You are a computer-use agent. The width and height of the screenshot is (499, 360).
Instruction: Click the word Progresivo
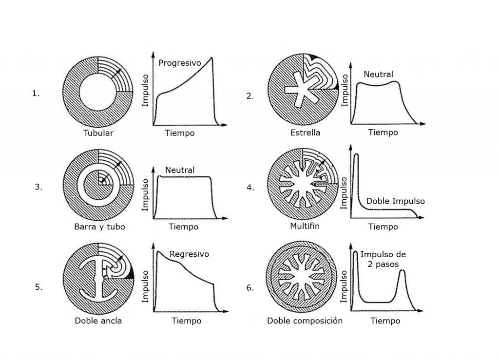(179, 63)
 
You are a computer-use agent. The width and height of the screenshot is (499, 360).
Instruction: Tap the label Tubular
(98, 133)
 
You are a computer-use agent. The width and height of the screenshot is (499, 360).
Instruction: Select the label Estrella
(305, 133)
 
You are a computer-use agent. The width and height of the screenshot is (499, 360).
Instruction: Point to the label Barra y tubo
(99, 227)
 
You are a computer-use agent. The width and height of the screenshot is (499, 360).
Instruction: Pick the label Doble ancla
(98, 321)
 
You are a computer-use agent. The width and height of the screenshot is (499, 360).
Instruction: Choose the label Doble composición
(305, 321)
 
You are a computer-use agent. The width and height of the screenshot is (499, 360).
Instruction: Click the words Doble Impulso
(395, 201)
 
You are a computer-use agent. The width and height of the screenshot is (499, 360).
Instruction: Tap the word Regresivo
(189, 254)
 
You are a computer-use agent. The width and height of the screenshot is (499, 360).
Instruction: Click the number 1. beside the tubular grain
(36, 94)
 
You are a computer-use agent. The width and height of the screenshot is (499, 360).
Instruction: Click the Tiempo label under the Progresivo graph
(180, 133)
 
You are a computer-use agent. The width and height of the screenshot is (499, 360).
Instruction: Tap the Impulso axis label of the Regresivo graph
(145, 287)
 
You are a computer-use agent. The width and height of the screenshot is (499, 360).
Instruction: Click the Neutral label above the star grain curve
(378, 75)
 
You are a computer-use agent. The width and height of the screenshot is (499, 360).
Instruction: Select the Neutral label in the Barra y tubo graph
(180, 170)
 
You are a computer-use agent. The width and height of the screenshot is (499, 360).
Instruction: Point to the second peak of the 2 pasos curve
(402, 271)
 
